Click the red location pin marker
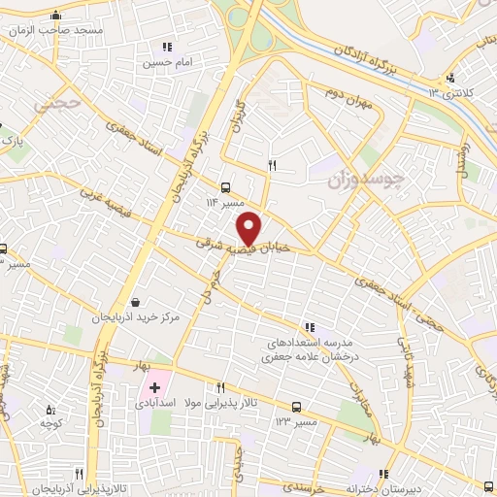pyautogui.click(x=250, y=228)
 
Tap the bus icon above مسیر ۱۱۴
pyautogui.click(x=225, y=187)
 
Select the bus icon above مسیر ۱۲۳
pyautogui.click(x=296, y=409)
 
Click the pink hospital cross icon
pyautogui.click(x=154, y=387)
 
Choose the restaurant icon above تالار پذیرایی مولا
pyautogui.click(x=222, y=386)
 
